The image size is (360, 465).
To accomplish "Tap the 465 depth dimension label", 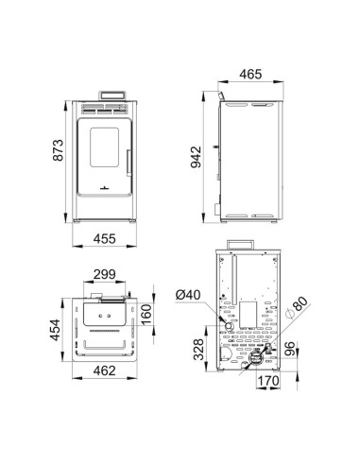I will pyautogui.click(x=249, y=72).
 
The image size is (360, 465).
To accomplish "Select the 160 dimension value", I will pyautogui.click(x=146, y=313).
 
